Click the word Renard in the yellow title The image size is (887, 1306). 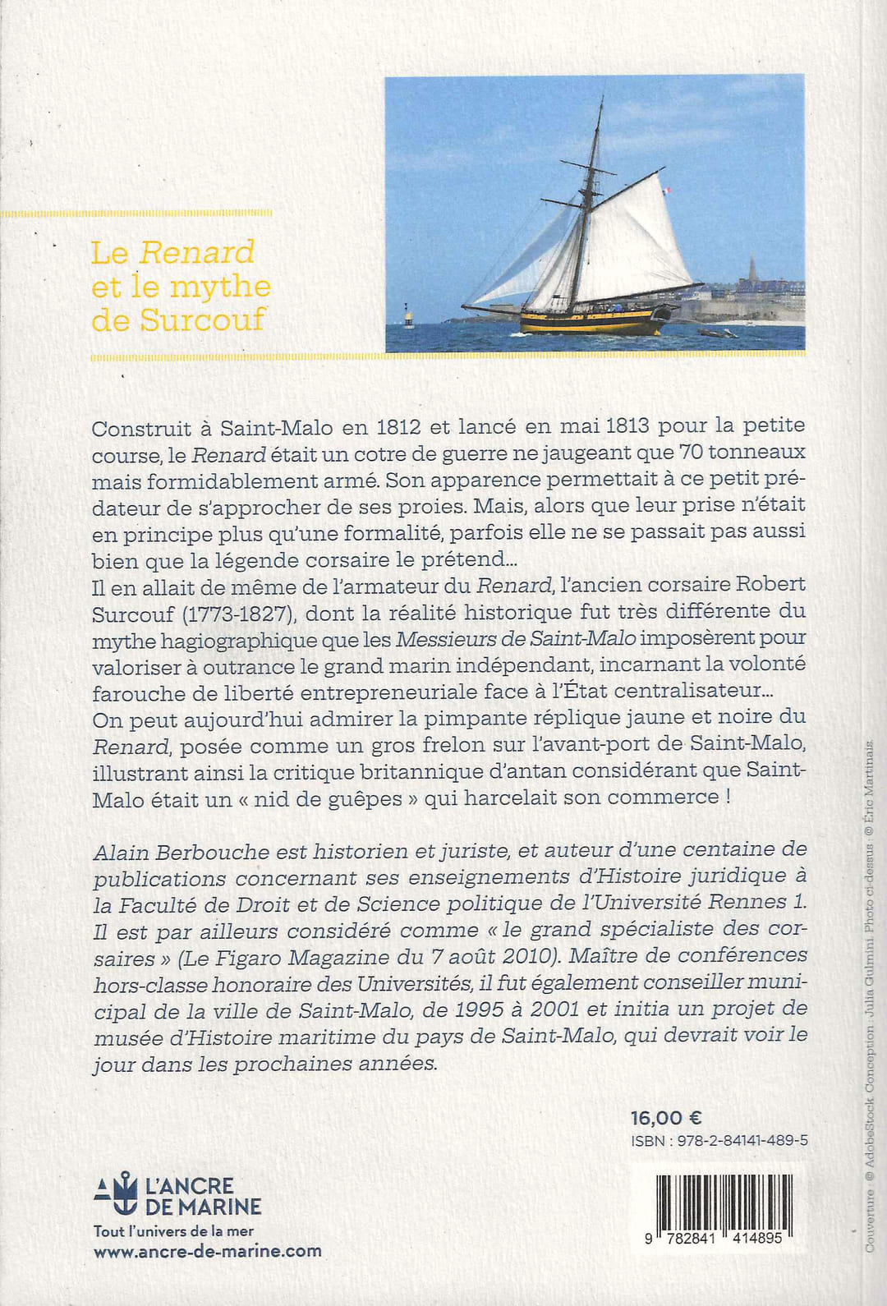pyautogui.click(x=196, y=252)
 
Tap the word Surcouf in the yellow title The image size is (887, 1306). pyautogui.click(x=202, y=320)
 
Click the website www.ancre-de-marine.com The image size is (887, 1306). pyautogui.click(x=208, y=1252)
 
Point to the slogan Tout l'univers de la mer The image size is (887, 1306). pyautogui.click(x=173, y=1230)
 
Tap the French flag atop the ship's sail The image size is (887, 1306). pyautogui.click(x=667, y=190)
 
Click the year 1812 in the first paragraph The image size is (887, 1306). pyautogui.click(x=399, y=427)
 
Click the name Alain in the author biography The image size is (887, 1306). pyautogui.click(x=120, y=853)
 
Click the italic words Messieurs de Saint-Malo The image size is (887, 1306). pyautogui.click(x=516, y=638)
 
